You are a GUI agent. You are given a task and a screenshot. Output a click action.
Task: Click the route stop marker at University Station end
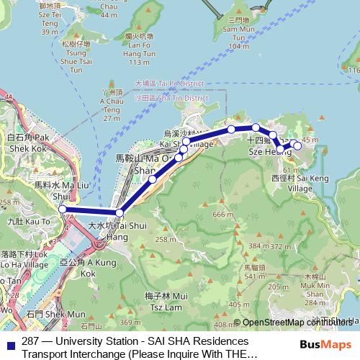click(x=63, y=210)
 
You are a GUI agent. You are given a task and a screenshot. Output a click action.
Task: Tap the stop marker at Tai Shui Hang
click(x=120, y=212)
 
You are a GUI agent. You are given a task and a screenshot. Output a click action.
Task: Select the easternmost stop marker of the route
click(x=297, y=146)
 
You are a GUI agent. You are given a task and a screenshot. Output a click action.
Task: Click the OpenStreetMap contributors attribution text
click(x=299, y=323)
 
